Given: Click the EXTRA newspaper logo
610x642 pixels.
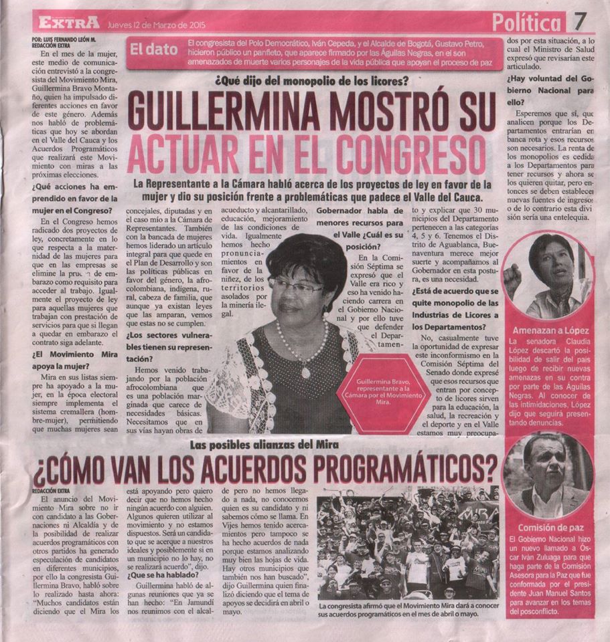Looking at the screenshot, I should pyautogui.click(x=68, y=22).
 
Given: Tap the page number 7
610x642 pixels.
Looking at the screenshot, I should pyautogui.click(x=581, y=21).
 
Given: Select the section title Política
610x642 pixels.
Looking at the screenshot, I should pyautogui.click(x=526, y=23).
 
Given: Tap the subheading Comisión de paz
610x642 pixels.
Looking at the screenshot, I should pyautogui.click(x=548, y=526).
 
